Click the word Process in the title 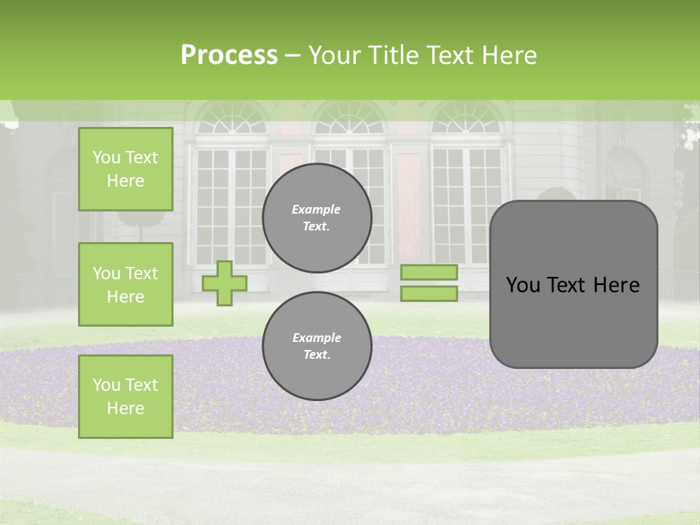pos(229,55)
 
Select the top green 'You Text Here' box pos(125,169)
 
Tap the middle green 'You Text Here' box pos(125,284)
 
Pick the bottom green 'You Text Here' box pos(125,396)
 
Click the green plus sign pos(225,283)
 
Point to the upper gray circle pos(317,217)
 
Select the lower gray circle pos(317,346)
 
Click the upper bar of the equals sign pos(429,272)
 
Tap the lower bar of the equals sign pos(429,293)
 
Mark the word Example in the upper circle pos(316,209)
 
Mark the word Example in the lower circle pos(316,338)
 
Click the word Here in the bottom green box pos(125,408)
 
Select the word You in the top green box pos(106,157)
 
